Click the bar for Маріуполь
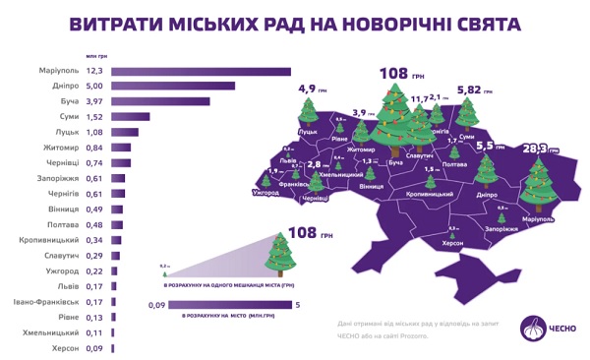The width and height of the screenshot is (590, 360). (x=203, y=71)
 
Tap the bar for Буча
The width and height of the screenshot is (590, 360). (x=161, y=101)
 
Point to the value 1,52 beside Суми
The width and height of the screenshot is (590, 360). (x=94, y=116)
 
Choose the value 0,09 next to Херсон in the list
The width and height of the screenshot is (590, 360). (x=94, y=348)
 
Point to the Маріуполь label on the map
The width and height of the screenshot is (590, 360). (x=538, y=217)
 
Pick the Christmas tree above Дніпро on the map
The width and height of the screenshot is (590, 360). (x=484, y=175)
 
